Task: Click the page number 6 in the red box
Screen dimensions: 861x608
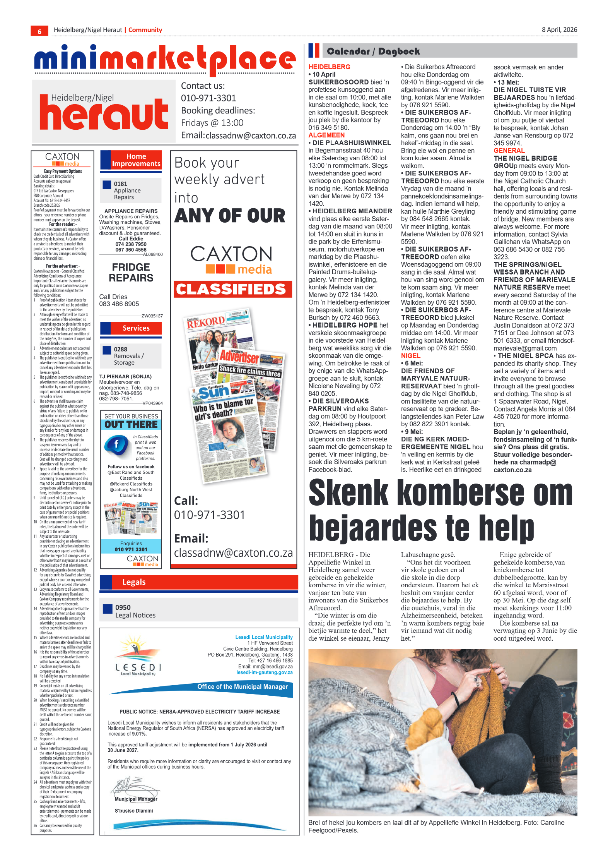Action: pyautogui.click(x=39, y=31)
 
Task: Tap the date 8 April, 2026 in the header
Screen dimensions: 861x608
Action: pyautogui.click(x=559, y=30)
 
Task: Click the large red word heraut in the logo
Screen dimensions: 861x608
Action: pyautogui.click(x=104, y=114)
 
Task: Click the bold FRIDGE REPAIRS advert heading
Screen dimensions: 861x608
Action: pyautogui.click(x=131, y=273)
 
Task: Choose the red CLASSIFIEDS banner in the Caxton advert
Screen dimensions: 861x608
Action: pyautogui.click(x=231, y=289)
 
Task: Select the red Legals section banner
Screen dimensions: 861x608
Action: pyautogui.click(x=199, y=582)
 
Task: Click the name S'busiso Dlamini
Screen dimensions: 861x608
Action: pyautogui.click(x=134, y=810)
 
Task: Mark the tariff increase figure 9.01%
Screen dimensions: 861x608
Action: pyautogui.click(x=139, y=734)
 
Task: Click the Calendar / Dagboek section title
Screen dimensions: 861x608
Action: pyautogui.click(x=373, y=51)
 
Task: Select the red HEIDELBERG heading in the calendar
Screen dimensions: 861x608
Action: pyautogui.click(x=329, y=67)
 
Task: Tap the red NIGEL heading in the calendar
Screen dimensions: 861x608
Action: pyautogui.click(x=410, y=356)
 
